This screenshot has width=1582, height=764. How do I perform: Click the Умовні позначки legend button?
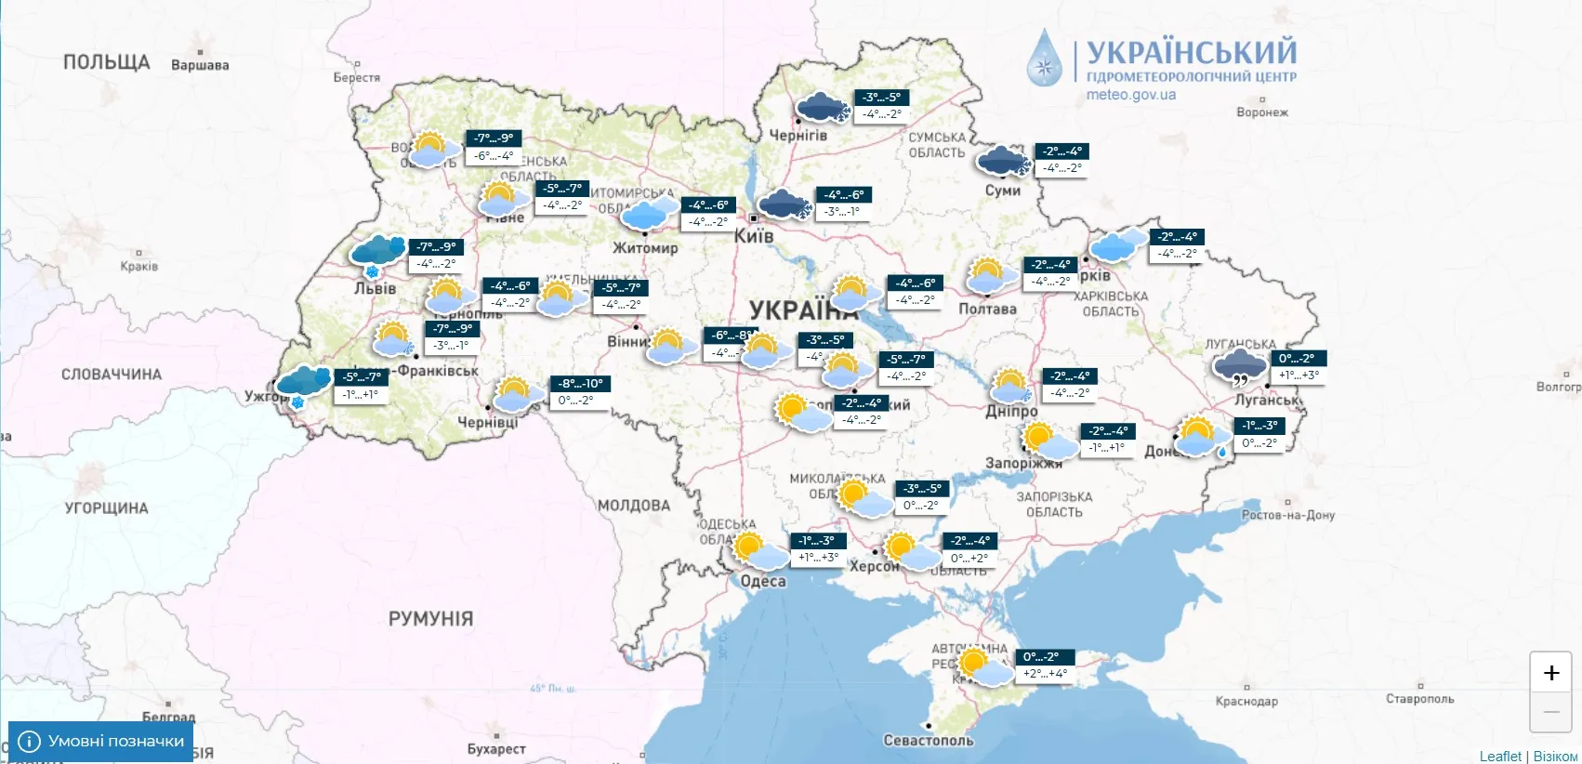(x=101, y=741)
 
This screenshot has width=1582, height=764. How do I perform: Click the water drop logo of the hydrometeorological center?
(x=1045, y=59)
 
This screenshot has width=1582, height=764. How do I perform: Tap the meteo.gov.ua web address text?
(x=1130, y=95)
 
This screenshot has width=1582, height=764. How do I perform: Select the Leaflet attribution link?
(x=1499, y=756)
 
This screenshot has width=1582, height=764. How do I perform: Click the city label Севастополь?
(x=928, y=741)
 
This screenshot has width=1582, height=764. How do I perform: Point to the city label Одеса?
(x=762, y=582)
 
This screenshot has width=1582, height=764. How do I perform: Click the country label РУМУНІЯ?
(x=430, y=619)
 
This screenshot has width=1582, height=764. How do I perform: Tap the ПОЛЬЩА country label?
(x=106, y=62)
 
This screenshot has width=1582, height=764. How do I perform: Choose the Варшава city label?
(x=200, y=65)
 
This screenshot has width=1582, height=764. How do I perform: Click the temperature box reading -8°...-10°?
(x=581, y=384)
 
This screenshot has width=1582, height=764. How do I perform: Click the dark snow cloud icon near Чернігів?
(x=823, y=107)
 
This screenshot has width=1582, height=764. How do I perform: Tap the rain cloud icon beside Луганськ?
(x=1241, y=367)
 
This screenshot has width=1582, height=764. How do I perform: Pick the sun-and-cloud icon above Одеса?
(x=760, y=551)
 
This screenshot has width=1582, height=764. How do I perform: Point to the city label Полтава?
(x=987, y=309)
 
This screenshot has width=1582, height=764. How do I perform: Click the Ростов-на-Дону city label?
(x=1287, y=515)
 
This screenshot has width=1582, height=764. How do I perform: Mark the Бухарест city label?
(x=496, y=749)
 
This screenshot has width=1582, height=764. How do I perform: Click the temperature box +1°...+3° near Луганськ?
(x=1299, y=375)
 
